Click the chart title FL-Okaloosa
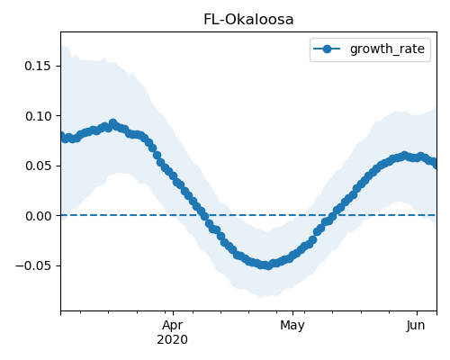pos(248,20)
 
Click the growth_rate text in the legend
pos(387,49)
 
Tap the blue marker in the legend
pos(327,49)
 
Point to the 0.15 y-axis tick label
pos(38,66)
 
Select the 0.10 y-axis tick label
pos(38,116)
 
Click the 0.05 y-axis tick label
pos(38,166)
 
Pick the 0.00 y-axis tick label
pos(38,216)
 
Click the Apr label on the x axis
pos(173,326)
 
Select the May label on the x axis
pos(292,326)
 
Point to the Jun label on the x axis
pos(416,326)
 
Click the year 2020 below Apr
pos(173,340)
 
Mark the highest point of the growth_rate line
pos(112,123)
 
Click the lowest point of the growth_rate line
pos(268,265)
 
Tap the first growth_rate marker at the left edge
pos(61,136)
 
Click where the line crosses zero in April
pos(205,215)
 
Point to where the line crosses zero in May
pos(332,215)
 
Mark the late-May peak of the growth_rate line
pos(404,156)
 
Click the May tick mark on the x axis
pos(292,313)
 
